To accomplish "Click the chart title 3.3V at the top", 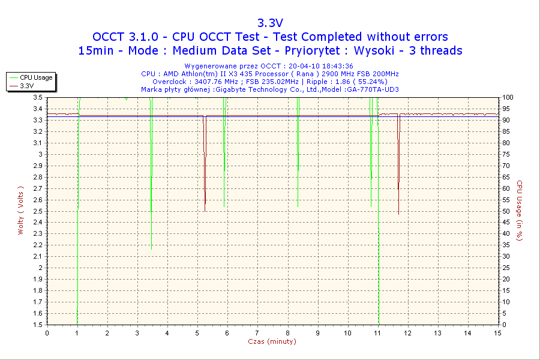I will [x=270, y=23].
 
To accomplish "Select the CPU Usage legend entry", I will [x=36, y=77].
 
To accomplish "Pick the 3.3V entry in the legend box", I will [x=26, y=86].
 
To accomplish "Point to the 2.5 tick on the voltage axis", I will [x=37, y=211].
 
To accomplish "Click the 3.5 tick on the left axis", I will [x=37, y=97].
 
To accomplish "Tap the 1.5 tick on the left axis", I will [x=37, y=325].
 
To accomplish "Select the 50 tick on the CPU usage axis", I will [x=506, y=211].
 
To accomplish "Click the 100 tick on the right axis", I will [x=508, y=97].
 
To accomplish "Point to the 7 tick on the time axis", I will [x=257, y=333].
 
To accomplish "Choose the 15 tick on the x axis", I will [x=497, y=333].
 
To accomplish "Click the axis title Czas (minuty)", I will [x=272, y=341].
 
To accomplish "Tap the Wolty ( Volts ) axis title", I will [x=20, y=210].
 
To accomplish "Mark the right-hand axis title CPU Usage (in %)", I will [x=520, y=211].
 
